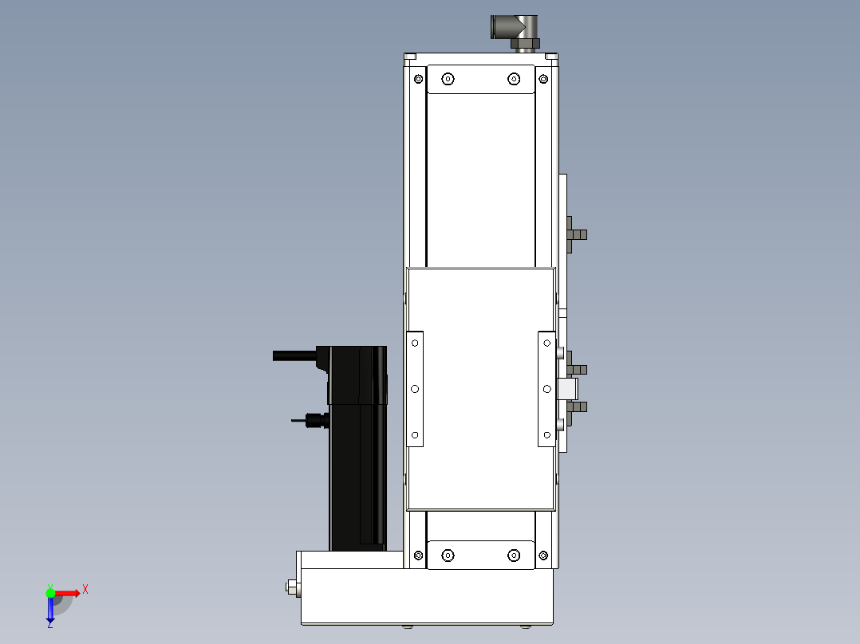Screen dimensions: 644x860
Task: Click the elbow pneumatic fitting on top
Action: [x=515, y=29]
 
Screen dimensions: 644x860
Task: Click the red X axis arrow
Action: [x=67, y=592]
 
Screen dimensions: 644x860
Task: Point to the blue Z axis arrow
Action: [x=50, y=610]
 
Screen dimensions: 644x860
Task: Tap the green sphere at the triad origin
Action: [x=50, y=592]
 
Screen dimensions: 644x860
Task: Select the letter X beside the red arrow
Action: [x=85, y=589]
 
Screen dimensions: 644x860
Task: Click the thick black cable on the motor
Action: [x=295, y=355]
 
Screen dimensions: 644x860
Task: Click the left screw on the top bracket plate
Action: [x=448, y=78]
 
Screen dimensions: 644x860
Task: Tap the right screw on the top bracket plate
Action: [x=514, y=78]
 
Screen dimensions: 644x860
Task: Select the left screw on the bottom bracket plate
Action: [x=448, y=555]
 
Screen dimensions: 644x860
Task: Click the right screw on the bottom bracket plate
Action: [x=514, y=555]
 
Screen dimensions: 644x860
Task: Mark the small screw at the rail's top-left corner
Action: [x=419, y=78]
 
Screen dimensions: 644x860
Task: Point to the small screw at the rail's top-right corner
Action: [x=543, y=78]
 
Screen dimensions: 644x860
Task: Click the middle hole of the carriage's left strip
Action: [x=415, y=389]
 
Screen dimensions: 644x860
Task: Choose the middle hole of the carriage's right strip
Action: [x=546, y=389]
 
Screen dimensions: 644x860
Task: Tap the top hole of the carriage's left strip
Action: [x=415, y=343]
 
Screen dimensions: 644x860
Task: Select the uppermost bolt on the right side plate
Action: [x=578, y=234]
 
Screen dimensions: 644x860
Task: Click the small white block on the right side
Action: [x=568, y=389]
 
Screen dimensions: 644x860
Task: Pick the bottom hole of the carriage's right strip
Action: [x=546, y=435]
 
